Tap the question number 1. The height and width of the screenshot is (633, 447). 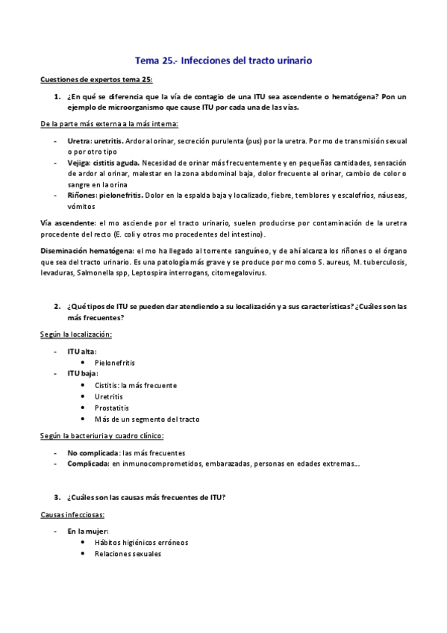57,96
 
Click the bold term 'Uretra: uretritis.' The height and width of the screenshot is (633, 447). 96,140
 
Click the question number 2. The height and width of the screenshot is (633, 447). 57,306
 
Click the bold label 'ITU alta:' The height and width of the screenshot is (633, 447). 81,351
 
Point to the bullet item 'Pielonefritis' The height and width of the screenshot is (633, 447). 115,362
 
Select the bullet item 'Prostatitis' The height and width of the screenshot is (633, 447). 112,408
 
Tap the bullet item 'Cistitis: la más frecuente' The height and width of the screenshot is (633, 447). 136,385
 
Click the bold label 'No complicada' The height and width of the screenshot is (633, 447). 93,452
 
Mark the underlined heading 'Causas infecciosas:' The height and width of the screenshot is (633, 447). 72,515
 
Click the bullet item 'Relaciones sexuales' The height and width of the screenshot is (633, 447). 128,554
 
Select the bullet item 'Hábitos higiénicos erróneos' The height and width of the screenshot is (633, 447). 142,543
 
